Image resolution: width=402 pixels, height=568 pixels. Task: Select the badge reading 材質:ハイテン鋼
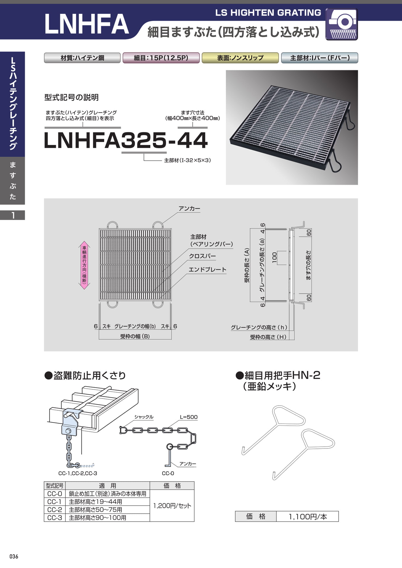click(82, 58)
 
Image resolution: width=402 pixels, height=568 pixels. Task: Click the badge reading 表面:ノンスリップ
click(240, 58)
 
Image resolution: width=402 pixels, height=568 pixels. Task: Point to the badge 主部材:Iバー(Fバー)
click(320, 58)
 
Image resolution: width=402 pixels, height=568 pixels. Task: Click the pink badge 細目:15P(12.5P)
click(161, 58)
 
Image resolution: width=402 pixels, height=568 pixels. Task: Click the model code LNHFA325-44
click(126, 140)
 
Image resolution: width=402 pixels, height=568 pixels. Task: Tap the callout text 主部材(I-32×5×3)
click(187, 160)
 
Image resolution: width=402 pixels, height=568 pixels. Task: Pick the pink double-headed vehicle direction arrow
click(84, 265)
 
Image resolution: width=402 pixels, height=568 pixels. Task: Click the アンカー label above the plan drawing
click(189, 209)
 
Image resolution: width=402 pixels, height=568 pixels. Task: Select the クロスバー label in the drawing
click(202, 256)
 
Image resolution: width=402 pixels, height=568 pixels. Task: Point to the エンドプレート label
click(208, 270)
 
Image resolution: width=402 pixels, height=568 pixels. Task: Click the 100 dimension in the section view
click(274, 258)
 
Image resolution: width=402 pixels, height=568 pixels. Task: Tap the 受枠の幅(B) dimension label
click(135, 336)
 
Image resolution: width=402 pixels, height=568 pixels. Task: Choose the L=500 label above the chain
click(189, 417)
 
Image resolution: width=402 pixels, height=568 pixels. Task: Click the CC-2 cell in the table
click(55, 510)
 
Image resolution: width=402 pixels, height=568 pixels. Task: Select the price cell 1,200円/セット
click(172, 506)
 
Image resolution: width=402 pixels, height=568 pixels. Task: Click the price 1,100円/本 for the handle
click(308, 517)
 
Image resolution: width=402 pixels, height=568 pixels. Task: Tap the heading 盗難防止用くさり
click(85, 375)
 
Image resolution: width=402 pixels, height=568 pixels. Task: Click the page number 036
click(14, 556)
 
